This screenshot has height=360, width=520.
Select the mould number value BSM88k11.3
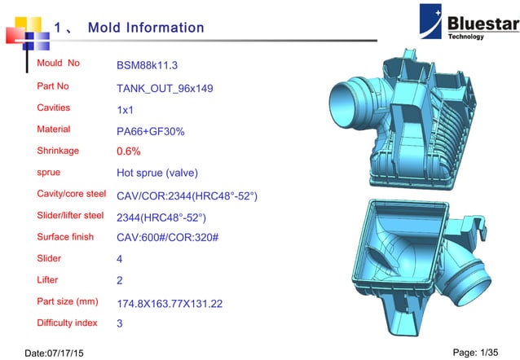[148, 65]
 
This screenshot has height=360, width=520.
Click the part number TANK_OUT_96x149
[165, 87]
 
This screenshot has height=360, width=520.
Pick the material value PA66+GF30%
[151, 130]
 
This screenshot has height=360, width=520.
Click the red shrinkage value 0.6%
[129, 151]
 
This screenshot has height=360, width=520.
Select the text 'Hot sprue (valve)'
[157, 173]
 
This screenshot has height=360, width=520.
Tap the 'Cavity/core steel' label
[72, 195]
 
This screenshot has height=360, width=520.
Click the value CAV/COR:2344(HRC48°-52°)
[187, 195]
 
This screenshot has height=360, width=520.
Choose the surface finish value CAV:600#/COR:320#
[173, 239]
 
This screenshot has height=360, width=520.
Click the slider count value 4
[121, 260]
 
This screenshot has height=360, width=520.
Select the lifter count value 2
[121, 281]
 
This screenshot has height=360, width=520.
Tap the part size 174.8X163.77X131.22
[170, 304]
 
